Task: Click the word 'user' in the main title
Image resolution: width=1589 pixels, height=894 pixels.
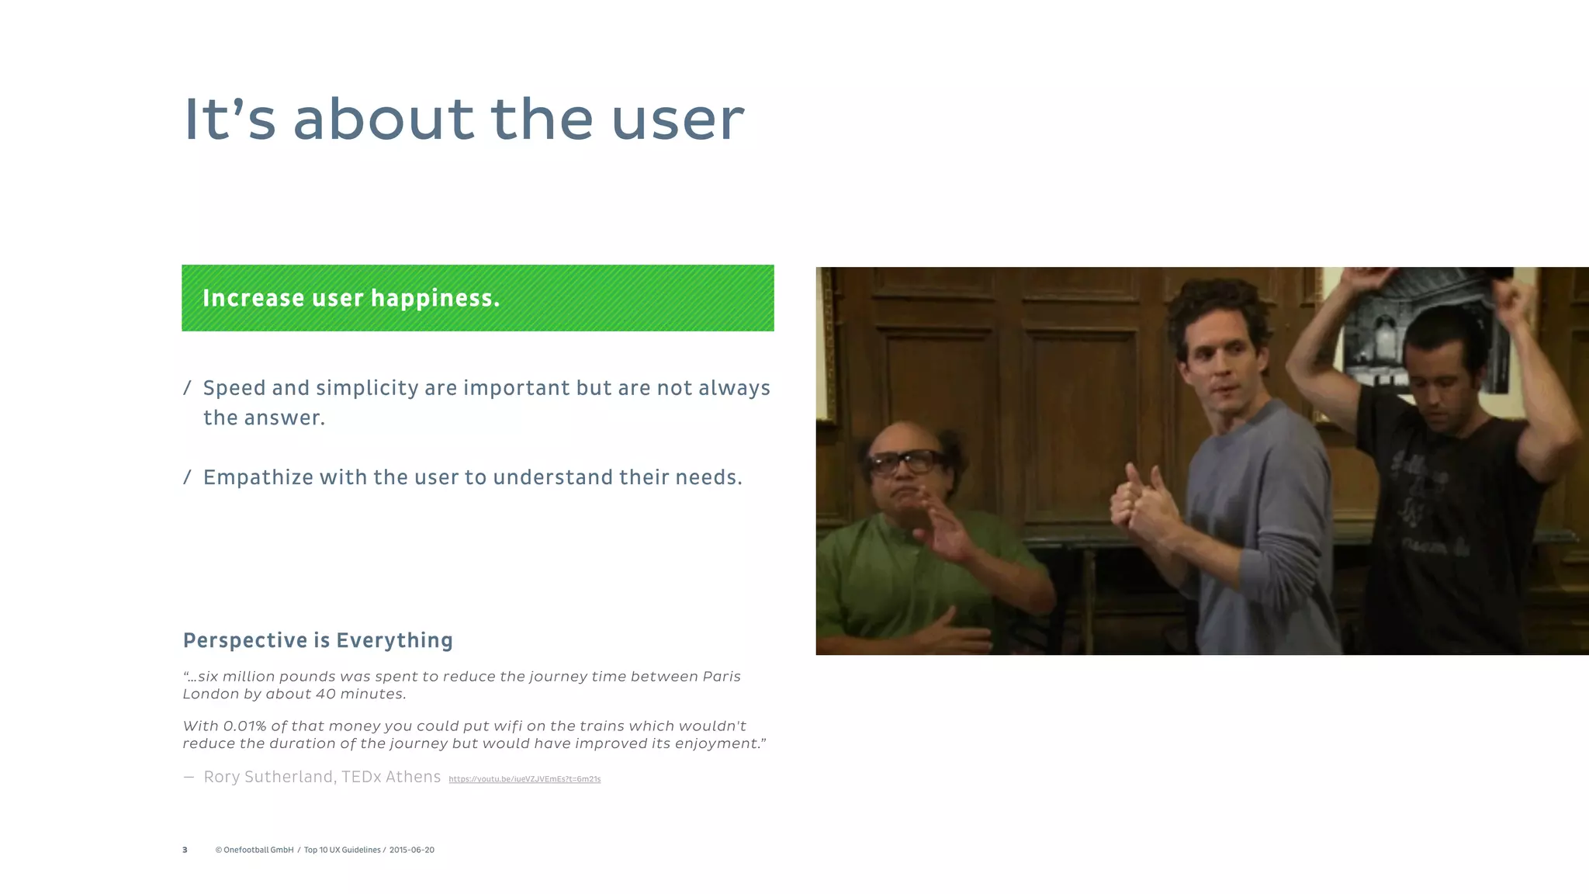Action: (x=677, y=120)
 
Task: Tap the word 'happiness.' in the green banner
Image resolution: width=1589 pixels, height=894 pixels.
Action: (x=435, y=299)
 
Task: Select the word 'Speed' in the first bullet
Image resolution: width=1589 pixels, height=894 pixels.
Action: (x=234, y=388)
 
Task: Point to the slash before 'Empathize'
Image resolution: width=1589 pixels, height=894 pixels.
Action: (x=187, y=477)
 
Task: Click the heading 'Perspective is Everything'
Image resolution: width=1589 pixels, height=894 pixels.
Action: (x=317, y=640)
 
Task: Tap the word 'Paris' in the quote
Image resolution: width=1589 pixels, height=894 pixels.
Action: (x=721, y=677)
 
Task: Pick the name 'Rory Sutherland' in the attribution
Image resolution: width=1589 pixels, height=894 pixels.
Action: (x=269, y=777)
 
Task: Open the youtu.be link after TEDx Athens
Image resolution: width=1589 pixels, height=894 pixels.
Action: (x=524, y=779)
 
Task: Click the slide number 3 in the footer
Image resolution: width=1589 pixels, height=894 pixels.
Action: (x=185, y=851)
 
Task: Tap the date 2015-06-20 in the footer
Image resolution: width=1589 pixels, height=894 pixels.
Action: (x=411, y=851)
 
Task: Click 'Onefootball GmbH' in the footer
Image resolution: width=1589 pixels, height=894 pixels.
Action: (x=258, y=851)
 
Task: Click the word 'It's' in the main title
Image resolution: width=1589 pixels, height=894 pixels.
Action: (x=230, y=120)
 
